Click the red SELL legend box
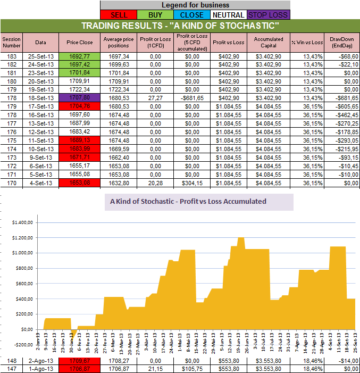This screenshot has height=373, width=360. (120, 15)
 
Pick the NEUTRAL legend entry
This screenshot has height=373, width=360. (229, 15)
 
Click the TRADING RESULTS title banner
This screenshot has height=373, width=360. (180, 26)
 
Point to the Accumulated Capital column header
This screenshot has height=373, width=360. (268, 42)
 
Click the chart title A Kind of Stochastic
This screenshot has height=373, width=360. (188, 202)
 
